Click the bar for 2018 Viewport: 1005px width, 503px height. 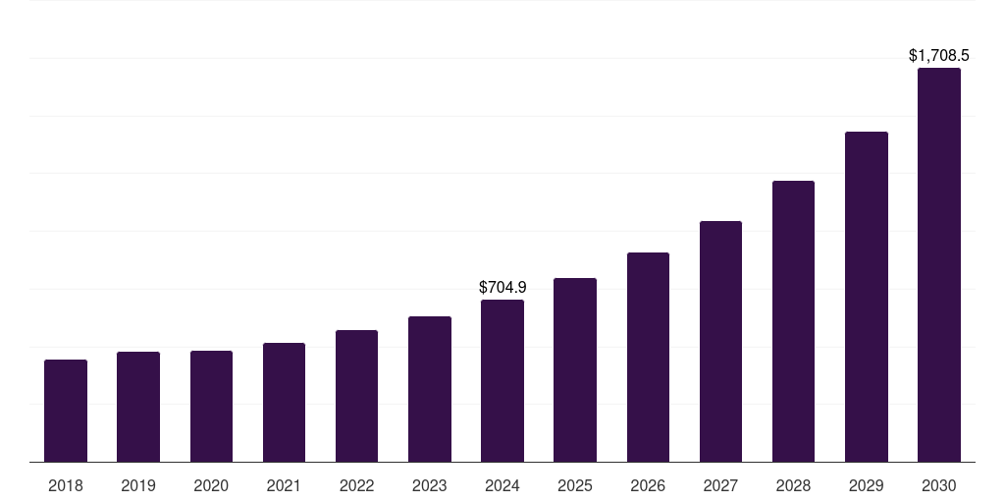coord(66,411)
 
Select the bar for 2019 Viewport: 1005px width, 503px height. coord(138,407)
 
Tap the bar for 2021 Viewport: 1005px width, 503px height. coord(284,402)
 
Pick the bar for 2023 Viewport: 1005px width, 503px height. coord(430,389)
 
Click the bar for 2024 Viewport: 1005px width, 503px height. coord(502,380)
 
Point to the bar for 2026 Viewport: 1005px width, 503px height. coord(648,357)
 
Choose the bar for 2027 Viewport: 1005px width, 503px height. coord(720,341)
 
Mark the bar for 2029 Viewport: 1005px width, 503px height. coord(867,297)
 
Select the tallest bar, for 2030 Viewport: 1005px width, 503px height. coord(939,264)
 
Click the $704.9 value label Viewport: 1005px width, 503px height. coord(502,288)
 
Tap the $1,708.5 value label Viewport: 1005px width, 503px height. coord(939,56)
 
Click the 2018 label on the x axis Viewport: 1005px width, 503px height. coord(66,485)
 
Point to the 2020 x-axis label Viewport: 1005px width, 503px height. coord(211,485)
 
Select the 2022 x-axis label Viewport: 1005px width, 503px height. coord(356,485)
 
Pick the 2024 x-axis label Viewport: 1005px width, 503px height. coord(502,485)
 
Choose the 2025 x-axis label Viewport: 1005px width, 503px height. coord(575,485)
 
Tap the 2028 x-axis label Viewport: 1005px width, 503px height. coord(793,485)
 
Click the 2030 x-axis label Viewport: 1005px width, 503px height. coord(939,485)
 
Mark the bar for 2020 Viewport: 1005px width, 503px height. coord(211,406)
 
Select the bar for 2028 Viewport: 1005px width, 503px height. coord(793,321)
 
